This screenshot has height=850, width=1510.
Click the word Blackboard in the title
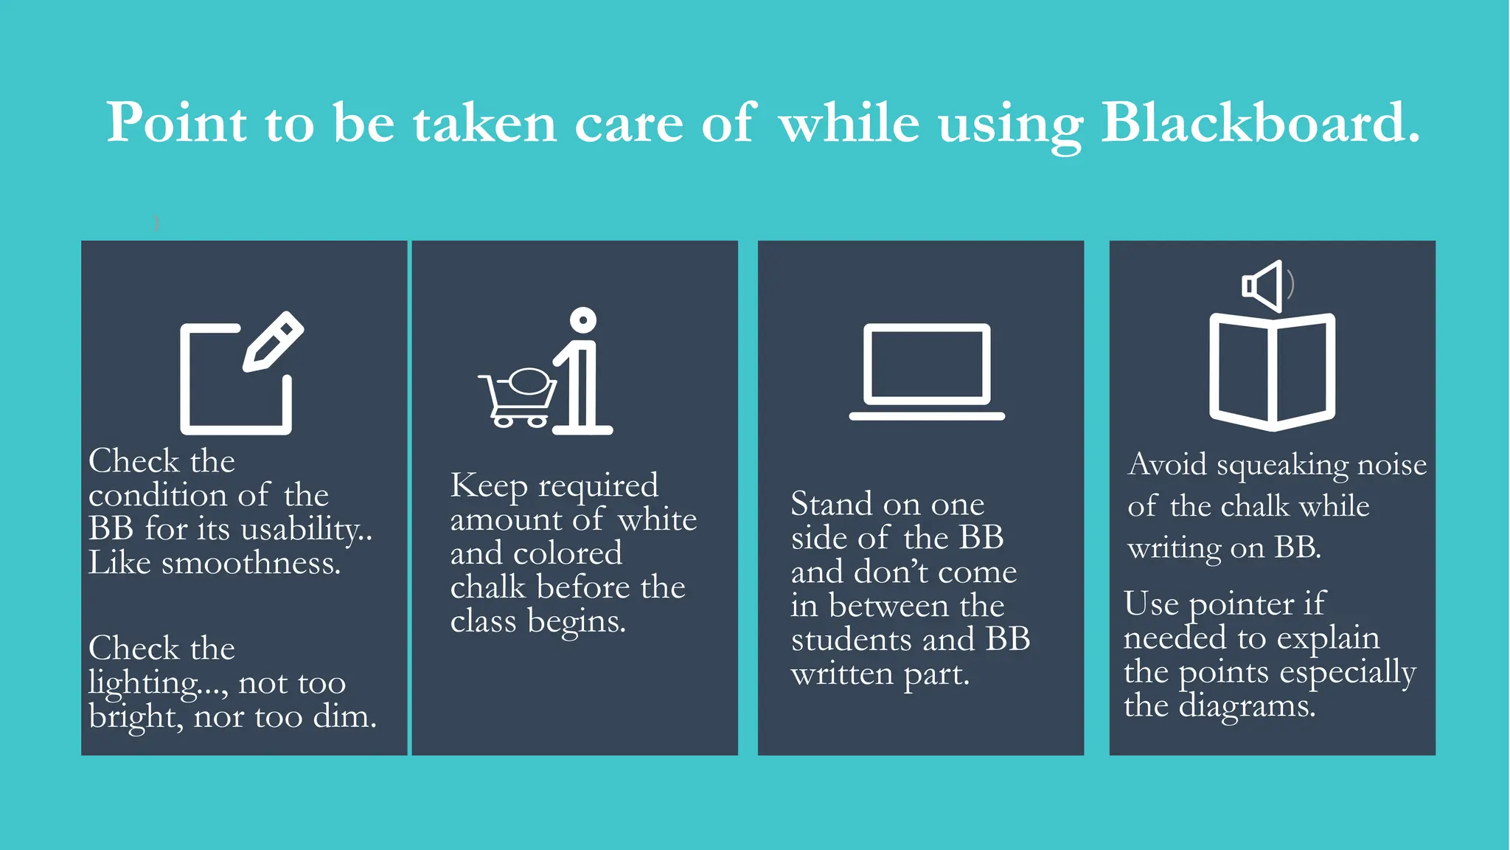click(1259, 122)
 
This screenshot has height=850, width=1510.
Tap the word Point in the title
click(176, 122)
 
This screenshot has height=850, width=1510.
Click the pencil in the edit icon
click(274, 341)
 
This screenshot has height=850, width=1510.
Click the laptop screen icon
click(927, 364)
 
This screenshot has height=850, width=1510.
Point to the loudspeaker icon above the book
click(1264, 286)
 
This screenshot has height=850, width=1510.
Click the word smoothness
click(251, 563)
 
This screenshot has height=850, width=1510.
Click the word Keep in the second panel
click(489, 486)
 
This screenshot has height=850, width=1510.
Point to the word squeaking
click(1282, 465)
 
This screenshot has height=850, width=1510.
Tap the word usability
click(302, 529)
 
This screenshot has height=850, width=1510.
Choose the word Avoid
click(1167, 464)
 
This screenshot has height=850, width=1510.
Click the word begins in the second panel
click(576, 621)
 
